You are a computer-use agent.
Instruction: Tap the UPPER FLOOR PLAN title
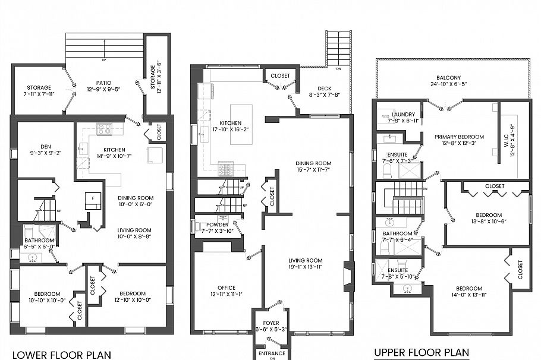(x=422, y=352)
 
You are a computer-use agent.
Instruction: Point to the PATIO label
(x=105, y=83)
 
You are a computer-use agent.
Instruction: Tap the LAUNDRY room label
(x=403, y=114)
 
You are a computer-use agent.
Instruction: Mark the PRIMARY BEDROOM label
(x=459, y=137)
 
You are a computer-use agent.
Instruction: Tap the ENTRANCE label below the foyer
(x=272, y=353)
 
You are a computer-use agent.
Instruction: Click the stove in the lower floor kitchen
(x=105, y=128)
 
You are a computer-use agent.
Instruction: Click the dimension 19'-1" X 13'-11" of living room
(x=306, y=267)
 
